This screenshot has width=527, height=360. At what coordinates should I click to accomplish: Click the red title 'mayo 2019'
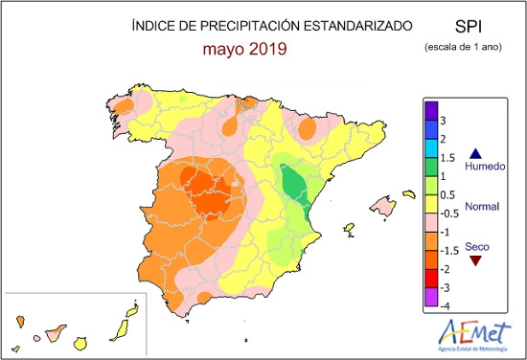(x=244, y=50)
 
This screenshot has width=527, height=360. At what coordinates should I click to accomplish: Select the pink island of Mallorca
(x=383, y=205)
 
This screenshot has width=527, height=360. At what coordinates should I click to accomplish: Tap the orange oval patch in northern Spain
(x=308, y=128)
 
